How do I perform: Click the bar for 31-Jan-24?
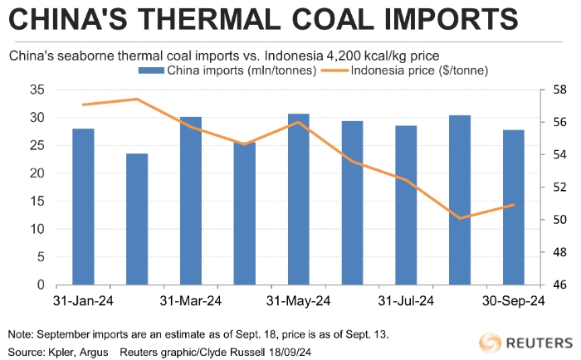point(83,207)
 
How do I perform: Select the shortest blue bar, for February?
point(137,219)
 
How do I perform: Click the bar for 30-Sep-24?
point(513,207)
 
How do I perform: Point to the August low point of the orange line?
point(460,218)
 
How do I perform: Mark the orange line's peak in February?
point(137,99)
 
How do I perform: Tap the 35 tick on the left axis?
point(37,89)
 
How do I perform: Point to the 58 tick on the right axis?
point(558,89)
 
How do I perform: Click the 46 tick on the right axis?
point(558,285)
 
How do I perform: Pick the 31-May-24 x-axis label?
point(299,300)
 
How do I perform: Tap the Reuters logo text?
point(539,341)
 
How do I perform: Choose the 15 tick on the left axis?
point(37,201)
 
